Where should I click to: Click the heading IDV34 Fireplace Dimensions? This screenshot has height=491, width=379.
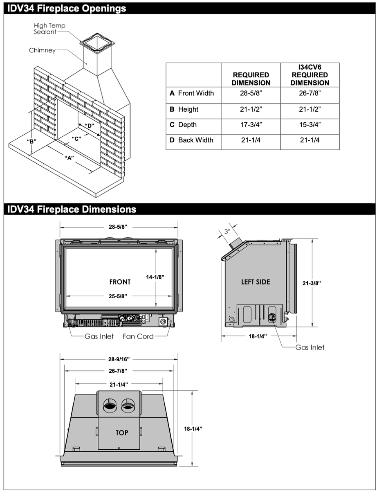coord(72,209)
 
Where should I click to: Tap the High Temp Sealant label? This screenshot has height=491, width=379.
coord(49,29)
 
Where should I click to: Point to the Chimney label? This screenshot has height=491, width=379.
coord(42,50)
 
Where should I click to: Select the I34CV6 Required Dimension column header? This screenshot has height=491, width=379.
coord(309,75)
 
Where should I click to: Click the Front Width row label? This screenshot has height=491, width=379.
coord(192,93)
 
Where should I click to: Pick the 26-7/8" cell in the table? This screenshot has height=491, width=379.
coord(309,93)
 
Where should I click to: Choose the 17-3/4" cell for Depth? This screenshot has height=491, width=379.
coord(251,125)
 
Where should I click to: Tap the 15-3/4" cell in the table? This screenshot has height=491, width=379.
coord(309,125)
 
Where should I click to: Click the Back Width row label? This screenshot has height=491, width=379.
coord(192,140)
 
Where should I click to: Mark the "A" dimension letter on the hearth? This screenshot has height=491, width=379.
coord(69,158)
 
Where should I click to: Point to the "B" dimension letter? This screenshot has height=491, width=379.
coord(31,142)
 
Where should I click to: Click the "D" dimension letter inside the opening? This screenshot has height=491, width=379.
coord(89,125)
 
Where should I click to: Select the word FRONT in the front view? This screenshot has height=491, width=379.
coord(120,282)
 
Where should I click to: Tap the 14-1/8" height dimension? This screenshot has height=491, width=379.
coord(155,277)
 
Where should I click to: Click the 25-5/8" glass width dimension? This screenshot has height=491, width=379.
coord(118,296)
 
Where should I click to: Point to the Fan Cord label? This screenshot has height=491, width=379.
coord(138,336)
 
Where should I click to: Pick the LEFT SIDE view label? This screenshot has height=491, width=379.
coord(256,282)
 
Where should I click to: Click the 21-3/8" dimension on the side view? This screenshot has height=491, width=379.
coord(312,283)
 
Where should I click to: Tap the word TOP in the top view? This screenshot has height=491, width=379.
coord(121,432)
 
